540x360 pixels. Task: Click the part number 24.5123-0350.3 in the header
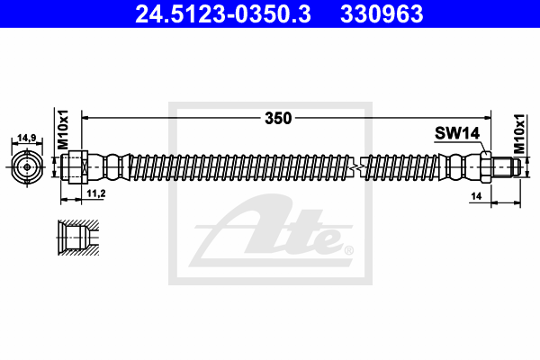pyautogui.click(x=223, y=14)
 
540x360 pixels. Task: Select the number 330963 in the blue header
pyautogui.click(x=382, y=14)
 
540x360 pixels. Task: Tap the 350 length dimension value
pyautogui.click(x=278, y=118)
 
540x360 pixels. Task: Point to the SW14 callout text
pyautogui.click(x=457, y=133)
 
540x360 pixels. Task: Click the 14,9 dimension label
pyautogui.click(x=27, y=138)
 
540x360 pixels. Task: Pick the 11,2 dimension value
pyautogui.click(x=96, y=193)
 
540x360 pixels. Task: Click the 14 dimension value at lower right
pyautogui.click(x=476, y=196)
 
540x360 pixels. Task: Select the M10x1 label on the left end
pyautogui.click(x=63, y=130)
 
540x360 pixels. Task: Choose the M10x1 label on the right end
pyautogui.click(x=519, y=134)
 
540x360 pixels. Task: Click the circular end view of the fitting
pyautogui.click(x=27, y=167)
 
